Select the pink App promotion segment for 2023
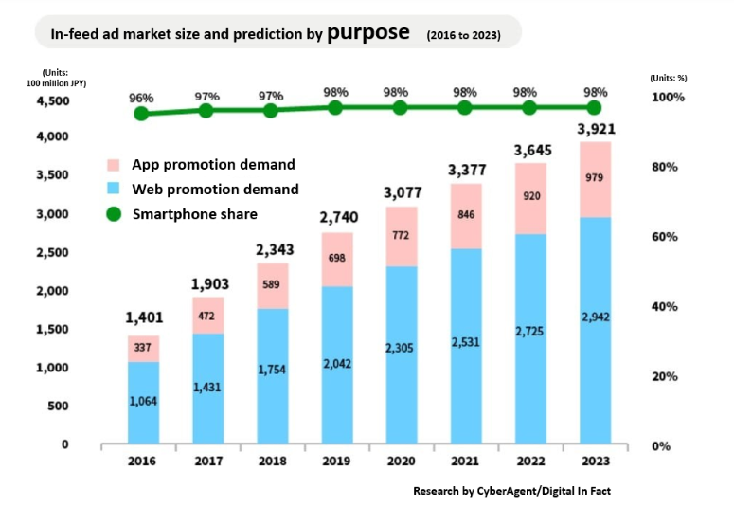tap(595, 179)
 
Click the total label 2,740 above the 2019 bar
tap(336, 216)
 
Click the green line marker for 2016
tap(141, 114)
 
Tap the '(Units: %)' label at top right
tap(673, 78)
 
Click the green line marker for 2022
tap(530, 108)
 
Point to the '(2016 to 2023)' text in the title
tap(463, 35)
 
